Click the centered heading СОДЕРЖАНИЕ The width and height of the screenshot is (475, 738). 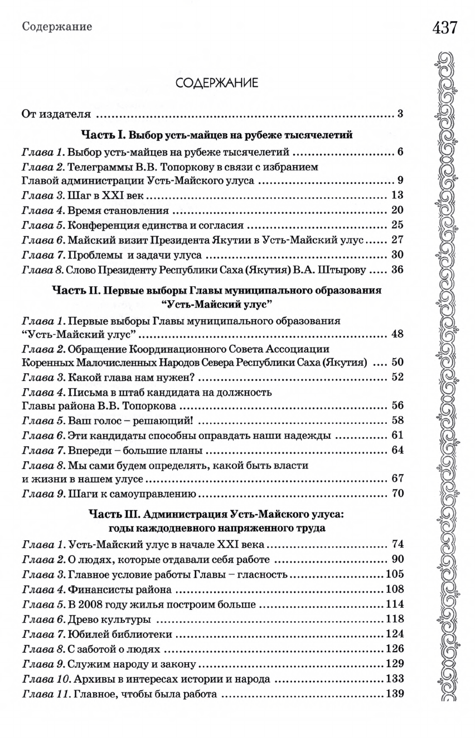[216, 84]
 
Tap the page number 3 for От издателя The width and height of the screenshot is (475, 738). [400, 115]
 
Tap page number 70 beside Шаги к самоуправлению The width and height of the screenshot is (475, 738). [397, 493]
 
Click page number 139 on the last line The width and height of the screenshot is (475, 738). [394, 695]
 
